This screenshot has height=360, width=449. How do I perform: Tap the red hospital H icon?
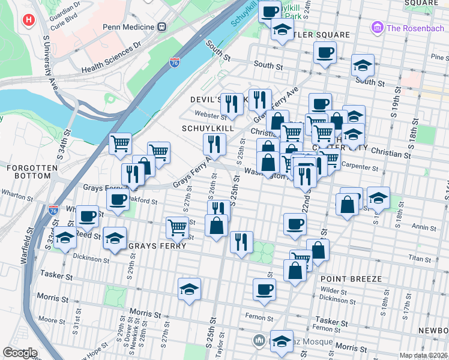tap(28, 20)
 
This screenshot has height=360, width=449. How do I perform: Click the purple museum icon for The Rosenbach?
tap(377, 27)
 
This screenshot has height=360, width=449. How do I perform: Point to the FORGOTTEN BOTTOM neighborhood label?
tap(29, 172)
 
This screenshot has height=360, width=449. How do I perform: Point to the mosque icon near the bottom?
tap(259, 340)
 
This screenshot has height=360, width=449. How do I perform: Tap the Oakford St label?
tap(143, 202)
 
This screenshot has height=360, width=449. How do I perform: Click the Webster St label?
tap(207, 114)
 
